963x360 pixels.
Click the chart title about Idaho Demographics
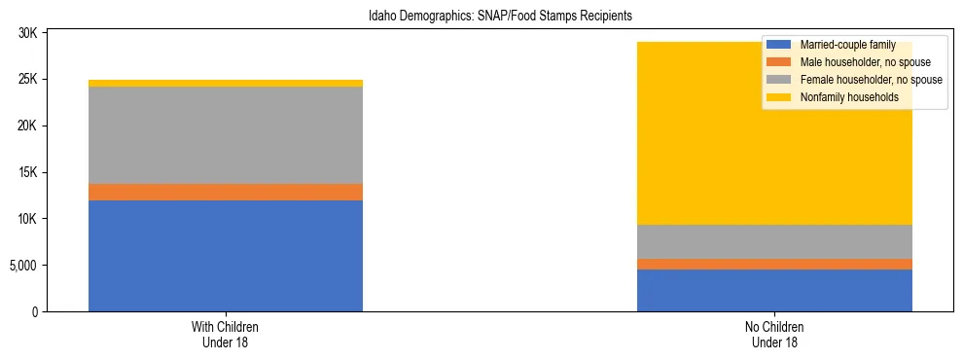(500, 17)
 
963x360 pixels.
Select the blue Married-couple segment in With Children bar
(225, 256)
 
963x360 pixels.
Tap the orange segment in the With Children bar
(225, 192)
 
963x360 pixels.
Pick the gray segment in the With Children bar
(225, 135)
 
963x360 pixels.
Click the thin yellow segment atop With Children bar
(225, 84)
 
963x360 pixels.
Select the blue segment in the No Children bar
(774, 290)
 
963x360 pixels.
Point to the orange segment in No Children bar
(774, 264)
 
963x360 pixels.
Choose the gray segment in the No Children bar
(774, 241)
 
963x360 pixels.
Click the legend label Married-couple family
(847, 45)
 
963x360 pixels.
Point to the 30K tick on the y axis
(28, 33)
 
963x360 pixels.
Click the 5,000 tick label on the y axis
(23, 266)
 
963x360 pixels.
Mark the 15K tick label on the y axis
(28, 173)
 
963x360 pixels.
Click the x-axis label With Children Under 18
(225, 335)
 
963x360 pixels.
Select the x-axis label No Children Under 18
(774, 335)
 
